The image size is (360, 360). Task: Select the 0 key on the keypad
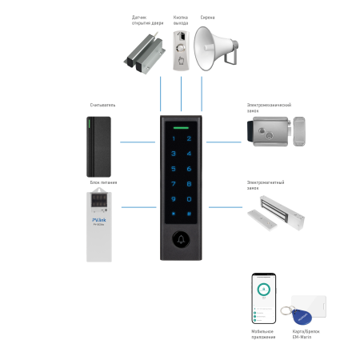(x=189, y=198)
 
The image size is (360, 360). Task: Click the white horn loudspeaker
(x=214, y=49)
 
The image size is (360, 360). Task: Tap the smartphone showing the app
(x=263, y=298)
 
